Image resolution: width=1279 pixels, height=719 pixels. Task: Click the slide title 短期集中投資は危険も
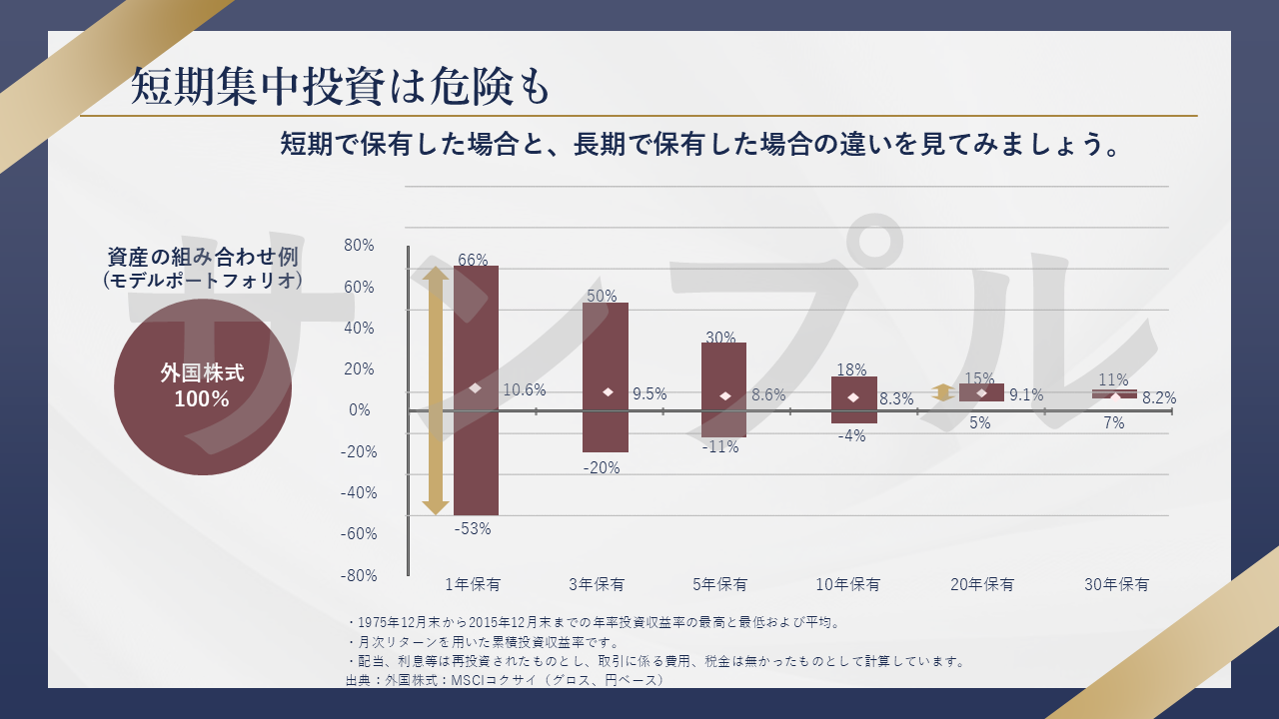point(341,88)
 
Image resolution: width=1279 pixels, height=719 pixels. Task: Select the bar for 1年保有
point(476,330)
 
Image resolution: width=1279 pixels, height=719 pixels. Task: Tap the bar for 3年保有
point(606,340)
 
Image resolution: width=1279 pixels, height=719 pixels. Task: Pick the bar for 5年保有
point(723,369)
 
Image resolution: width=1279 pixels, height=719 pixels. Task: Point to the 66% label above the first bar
point(473,260)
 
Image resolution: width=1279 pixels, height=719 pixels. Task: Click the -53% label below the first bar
point(473,529)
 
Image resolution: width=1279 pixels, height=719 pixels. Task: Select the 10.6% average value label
point(524,390)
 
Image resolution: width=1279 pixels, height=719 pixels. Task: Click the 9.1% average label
point(1026,394)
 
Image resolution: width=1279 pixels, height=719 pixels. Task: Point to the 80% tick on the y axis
point(358,246)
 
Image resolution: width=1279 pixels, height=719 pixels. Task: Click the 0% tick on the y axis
point(360,410)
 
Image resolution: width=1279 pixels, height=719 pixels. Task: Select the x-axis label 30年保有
point(1116,585)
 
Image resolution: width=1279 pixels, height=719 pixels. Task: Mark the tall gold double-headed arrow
point(436,390)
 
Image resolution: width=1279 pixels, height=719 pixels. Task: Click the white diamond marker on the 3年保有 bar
point(608,392)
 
